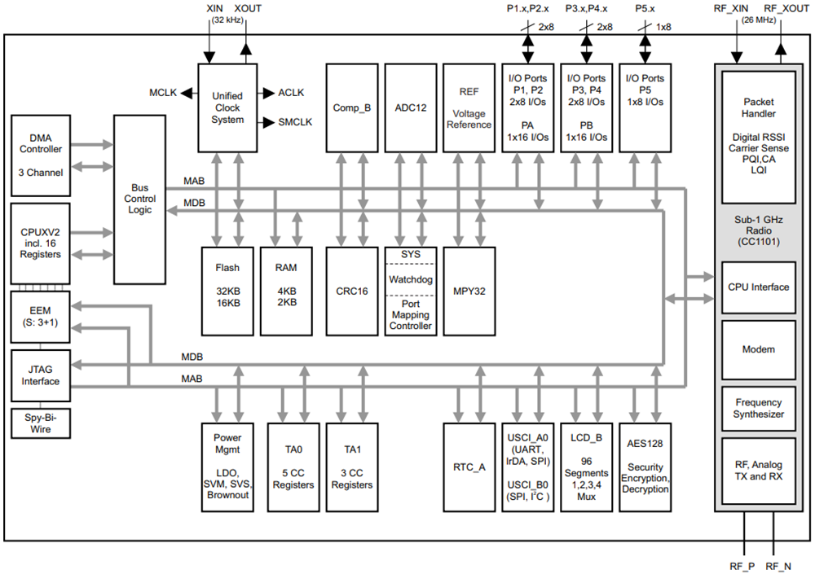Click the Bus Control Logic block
pyautogui.click(x=139, y=199)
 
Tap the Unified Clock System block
pyautogui.click(x=227, y=107)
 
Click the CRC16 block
pyautogui.click(x=352, y=290)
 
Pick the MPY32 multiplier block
pyautogui.click(x=469, y=290)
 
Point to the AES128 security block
pyautogui.click(x=645, y=467)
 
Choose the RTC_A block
pyautogui.click(x=469, y=467)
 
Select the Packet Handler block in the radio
pyautogui.click(x=758, y=137)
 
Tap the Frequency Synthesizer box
pyautogui.click(x=758, y=409)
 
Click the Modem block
pyautogui.click(x=758, y=349)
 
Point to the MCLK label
pyautogui.click(x=163, y=93)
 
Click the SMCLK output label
pyautogui.click(x=294, y=123)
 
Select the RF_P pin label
pyautogui.click(x=742, y=565)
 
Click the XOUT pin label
pyautogui.click(x=247, y=9)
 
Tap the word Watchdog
pyautogui.click(x=410, y=279)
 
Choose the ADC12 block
pyautogui.click(x=410, y=107)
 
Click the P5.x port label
pyautogui.click(x=645, y=9)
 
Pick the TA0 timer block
pyautogui.click(x=293, y=467)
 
